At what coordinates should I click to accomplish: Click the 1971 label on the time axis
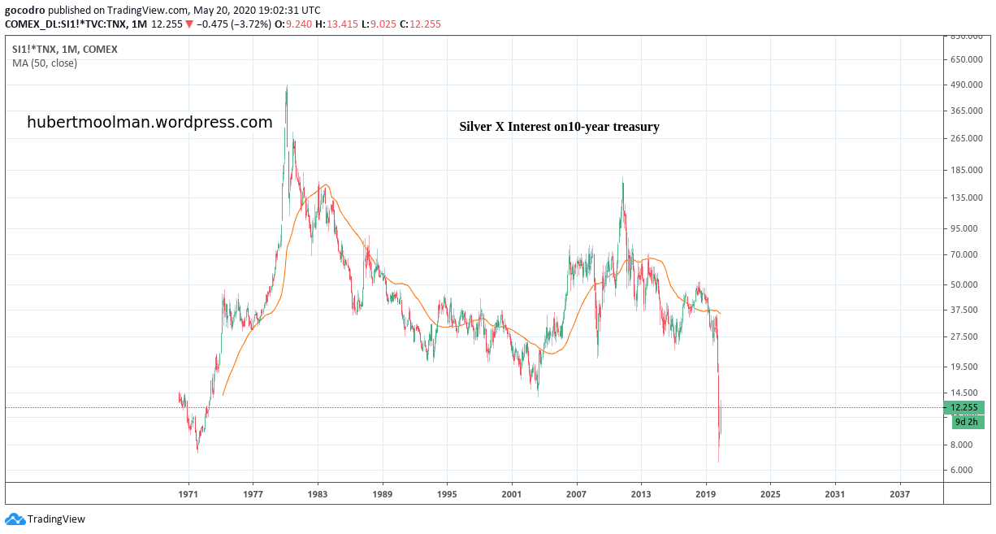click(188, 493)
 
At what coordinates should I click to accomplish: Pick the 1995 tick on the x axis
click(447, 493)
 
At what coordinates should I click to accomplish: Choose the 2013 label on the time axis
click(641, 493)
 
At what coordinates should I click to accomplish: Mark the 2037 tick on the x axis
click(899, 493)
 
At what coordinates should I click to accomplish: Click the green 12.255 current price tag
click(968, 407)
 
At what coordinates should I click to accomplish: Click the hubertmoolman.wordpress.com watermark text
click(149, 122)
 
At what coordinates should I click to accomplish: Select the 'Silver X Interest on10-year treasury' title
click(559, 127)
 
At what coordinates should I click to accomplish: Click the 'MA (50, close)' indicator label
click(45, 63)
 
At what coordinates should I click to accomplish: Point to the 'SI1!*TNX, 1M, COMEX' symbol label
click(64, 49)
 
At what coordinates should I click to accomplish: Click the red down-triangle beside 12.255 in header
click(189, 24)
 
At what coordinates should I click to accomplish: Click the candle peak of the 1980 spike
click(286, 86)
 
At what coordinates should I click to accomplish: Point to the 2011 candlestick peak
click(623, 179)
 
